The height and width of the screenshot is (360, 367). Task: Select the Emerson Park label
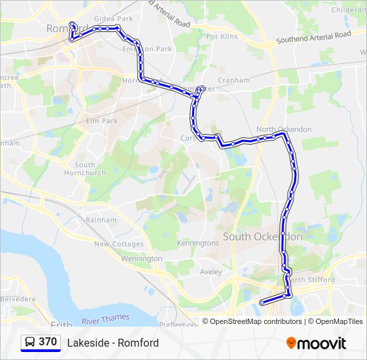point(147,49)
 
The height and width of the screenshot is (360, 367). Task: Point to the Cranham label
point(233,80)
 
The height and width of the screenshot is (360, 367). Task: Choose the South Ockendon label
point(262,237)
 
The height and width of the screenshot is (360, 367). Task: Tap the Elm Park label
point(101,121)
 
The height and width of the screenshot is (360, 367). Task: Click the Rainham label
point(101,219)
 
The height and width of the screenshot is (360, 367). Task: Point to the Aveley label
point(212,272)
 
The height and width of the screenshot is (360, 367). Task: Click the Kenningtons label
point(198,243)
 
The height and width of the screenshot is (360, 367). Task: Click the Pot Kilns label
point(222,36)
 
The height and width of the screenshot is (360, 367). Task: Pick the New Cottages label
point(119,244)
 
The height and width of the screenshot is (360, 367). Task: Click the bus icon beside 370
point(30,343)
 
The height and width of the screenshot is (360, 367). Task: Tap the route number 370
point(48,342)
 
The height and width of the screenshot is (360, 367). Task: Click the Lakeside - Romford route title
point(113,343)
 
